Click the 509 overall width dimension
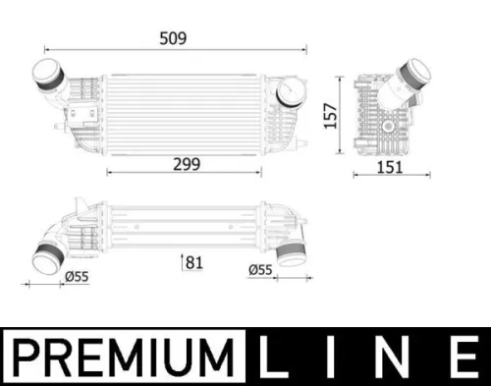tap(174, 39)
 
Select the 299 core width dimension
tap(183, 165)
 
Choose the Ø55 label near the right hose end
tap(260, 268)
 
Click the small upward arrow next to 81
tap(184, 261)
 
